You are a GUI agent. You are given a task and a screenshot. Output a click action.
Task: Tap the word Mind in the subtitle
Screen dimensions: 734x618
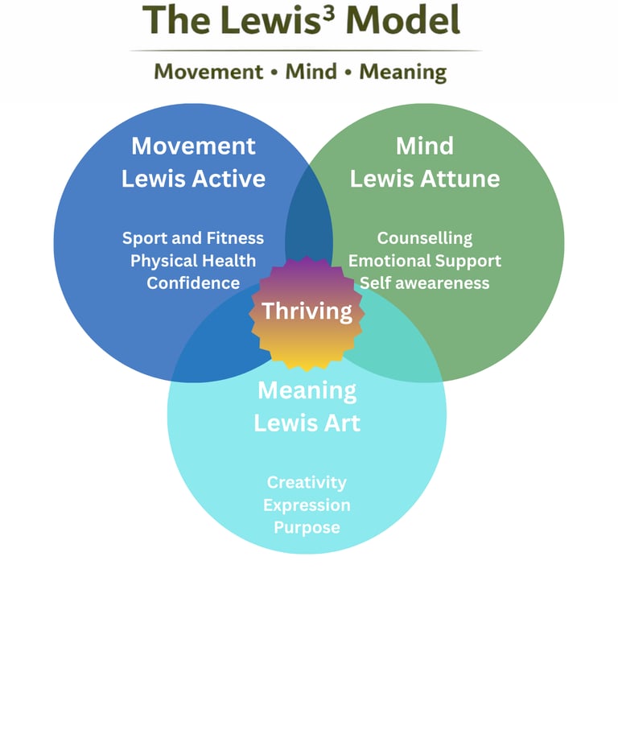[x=311, y=72]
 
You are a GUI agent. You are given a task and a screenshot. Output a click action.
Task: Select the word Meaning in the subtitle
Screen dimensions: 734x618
[x=402, y=72]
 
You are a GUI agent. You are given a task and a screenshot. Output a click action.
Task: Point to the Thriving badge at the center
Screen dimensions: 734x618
[x=307, y=311]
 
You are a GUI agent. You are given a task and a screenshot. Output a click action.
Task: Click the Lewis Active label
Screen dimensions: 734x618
[x=193, y=179]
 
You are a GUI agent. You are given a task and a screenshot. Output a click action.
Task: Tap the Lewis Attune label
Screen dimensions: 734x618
[x=424, y=179]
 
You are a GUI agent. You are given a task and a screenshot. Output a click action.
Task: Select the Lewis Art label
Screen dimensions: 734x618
[x=307, y=423]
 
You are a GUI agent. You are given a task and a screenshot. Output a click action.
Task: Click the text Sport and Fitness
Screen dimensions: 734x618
[x=193, y=238]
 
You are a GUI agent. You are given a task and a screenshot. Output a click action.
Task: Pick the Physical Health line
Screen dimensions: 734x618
[x=193, y=261]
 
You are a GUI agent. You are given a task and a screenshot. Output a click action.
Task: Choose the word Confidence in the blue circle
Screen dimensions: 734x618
[x=193, y=283]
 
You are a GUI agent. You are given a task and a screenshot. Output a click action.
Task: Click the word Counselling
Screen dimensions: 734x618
[x=424, y=238]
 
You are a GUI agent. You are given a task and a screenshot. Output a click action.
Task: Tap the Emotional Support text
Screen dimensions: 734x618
[x=424, y=261]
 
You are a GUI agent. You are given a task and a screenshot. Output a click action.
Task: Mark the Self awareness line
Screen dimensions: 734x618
[x=424, y=283]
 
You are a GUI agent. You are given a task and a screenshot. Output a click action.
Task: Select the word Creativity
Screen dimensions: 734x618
[x=307, y=482]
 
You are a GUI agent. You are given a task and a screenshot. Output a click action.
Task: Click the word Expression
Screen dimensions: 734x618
[x=307, y=505]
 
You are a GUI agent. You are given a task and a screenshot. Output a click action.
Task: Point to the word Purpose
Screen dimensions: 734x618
[x=307, y=528]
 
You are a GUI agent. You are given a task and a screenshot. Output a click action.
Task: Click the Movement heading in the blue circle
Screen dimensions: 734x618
[x=193, y=146]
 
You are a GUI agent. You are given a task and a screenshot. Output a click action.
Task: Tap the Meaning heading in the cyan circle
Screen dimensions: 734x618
[x=307, y=391]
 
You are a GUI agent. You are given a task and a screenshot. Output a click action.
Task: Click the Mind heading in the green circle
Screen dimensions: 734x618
[x=424, y=146]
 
